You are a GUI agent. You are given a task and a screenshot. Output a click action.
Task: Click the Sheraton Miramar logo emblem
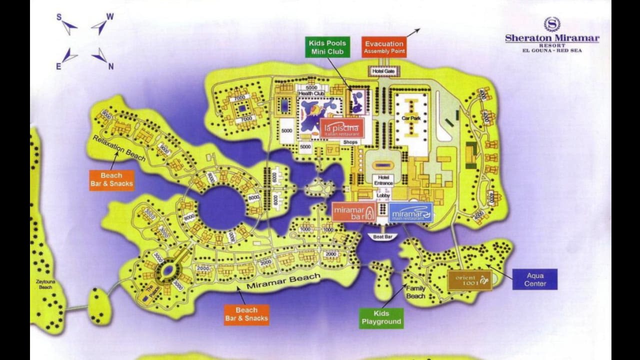pos(552,24)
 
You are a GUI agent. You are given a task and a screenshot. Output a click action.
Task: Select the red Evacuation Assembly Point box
pos(384,47)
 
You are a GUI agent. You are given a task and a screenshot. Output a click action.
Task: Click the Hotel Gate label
pos(383,72)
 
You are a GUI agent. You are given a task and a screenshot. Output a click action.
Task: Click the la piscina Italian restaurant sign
pos(342,127)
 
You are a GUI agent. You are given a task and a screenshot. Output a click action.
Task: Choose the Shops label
pos(350,142)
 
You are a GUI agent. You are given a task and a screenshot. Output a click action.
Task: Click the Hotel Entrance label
pos(383,180)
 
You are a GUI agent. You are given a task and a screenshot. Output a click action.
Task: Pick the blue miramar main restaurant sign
pos(411,212)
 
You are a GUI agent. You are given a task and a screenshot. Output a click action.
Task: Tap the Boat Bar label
pos(382,236)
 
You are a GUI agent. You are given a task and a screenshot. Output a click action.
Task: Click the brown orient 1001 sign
pos(469,280)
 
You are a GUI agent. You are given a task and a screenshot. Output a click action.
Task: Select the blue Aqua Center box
pos(534,279)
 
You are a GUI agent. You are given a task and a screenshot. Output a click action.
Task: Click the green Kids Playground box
pos(381,317)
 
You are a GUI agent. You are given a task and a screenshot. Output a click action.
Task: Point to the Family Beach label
pos(415,292)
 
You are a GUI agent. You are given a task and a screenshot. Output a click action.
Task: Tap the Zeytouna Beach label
pos(45,284)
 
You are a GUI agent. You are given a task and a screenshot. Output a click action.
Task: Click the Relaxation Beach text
pos(119,148)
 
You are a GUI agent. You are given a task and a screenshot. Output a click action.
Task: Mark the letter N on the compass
pos(111,66)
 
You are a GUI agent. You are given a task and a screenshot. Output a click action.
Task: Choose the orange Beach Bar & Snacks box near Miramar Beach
pos(246,314)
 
